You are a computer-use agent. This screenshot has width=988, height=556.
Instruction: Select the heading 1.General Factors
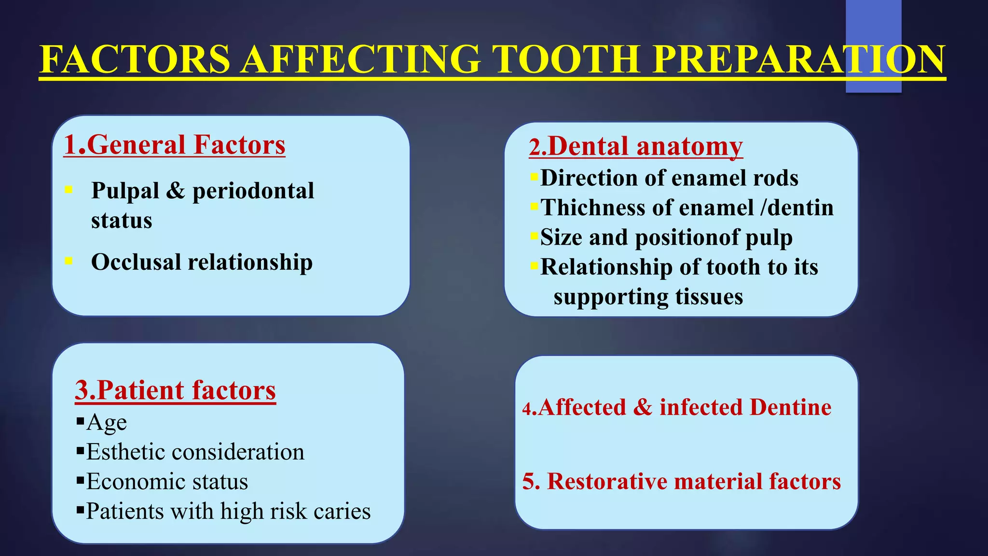point(174,145)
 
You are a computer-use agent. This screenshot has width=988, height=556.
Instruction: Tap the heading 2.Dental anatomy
point(636,146)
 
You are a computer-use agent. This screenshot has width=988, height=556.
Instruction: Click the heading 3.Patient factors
point(175,390)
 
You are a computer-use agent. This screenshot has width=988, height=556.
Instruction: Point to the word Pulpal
point(125,191)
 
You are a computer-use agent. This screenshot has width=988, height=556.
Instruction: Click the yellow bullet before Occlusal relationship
point(69,261)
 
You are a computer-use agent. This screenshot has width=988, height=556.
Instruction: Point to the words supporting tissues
point(648,297)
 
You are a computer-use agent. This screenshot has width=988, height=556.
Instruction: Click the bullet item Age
point(106,423)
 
